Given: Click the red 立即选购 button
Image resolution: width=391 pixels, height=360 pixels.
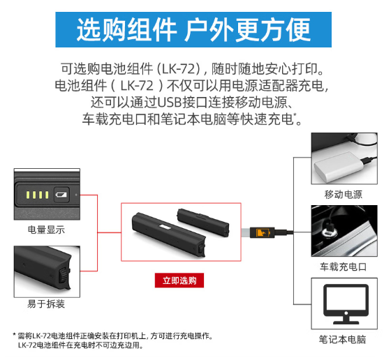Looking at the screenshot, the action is [179, 280].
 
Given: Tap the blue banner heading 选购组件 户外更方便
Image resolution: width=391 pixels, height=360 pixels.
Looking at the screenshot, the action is [193, 29].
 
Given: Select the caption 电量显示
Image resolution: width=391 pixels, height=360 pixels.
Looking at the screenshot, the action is [46, 230].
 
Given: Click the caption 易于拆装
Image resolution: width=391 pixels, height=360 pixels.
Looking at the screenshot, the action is [46, 304].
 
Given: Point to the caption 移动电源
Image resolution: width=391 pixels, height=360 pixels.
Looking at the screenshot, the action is [344, 195].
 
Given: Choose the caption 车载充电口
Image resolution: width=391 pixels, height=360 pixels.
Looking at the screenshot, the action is [344, 267].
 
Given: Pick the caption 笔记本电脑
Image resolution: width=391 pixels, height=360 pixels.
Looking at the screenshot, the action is [343, 340].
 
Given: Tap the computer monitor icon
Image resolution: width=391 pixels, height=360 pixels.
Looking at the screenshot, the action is [346, 304].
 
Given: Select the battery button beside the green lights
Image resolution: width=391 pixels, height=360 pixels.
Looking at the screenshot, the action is [61, 195].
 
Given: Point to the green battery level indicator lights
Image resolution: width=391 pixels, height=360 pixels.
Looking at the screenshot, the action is [38, 195].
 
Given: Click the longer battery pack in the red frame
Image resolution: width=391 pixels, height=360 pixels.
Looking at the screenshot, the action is [168, 234].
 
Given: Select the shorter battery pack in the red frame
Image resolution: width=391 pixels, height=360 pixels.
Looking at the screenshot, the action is [203, 223].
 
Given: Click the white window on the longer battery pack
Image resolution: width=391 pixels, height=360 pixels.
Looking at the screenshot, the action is [165, 227].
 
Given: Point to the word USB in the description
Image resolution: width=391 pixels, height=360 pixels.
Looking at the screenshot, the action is [169, 103].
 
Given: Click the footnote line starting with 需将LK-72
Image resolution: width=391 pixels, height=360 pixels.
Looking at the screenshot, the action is [113, 336].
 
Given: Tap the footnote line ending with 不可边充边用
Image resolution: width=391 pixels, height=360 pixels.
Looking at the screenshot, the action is [81, 345].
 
